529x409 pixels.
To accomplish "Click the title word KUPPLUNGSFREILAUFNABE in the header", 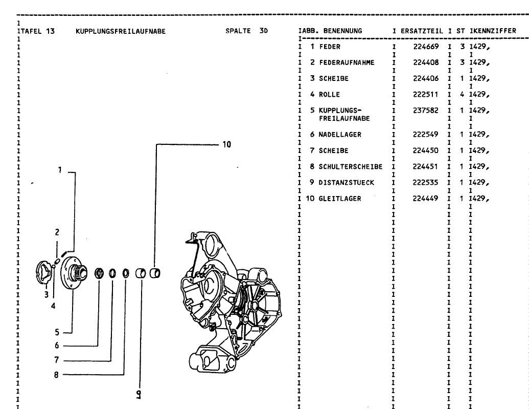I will coord(120,31).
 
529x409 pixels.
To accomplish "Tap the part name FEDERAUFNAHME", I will coord(347,62).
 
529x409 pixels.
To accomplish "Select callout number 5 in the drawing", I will coord(57,331).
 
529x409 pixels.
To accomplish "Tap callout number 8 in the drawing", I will coord(57,375).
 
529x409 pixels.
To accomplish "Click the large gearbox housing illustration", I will coord(230,302).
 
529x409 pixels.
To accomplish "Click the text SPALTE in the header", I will coord(238,31).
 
